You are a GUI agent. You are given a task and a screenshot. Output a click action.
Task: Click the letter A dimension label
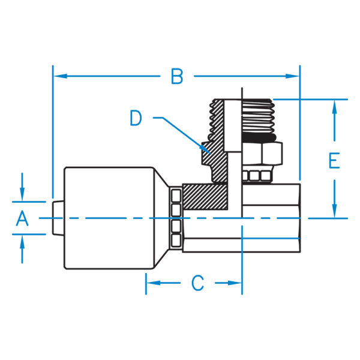[x=22, y=218]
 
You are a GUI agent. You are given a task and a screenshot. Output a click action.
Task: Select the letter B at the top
[x=176, y=77]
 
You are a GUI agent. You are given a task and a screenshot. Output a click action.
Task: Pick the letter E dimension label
[x=334, y=160]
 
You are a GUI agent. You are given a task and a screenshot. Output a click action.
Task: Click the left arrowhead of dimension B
[x=59, y=76]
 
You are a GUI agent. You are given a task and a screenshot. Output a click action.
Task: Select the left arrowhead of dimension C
[x=151, y=283]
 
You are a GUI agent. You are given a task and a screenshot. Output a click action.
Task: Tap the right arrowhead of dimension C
[x=236, y=283]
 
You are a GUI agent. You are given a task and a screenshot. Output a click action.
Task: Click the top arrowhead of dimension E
[x=334, y=106]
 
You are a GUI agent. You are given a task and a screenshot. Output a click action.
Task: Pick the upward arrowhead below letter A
[x=22, y=241]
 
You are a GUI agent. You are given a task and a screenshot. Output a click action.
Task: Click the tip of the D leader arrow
[x=207, y=149]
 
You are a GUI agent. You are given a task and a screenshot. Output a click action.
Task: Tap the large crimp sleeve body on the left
[x=108, y=219]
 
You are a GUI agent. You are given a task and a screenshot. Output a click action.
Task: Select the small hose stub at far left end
[x=58, y=218]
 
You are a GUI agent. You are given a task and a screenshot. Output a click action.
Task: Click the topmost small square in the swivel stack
[x=176, y=194]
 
